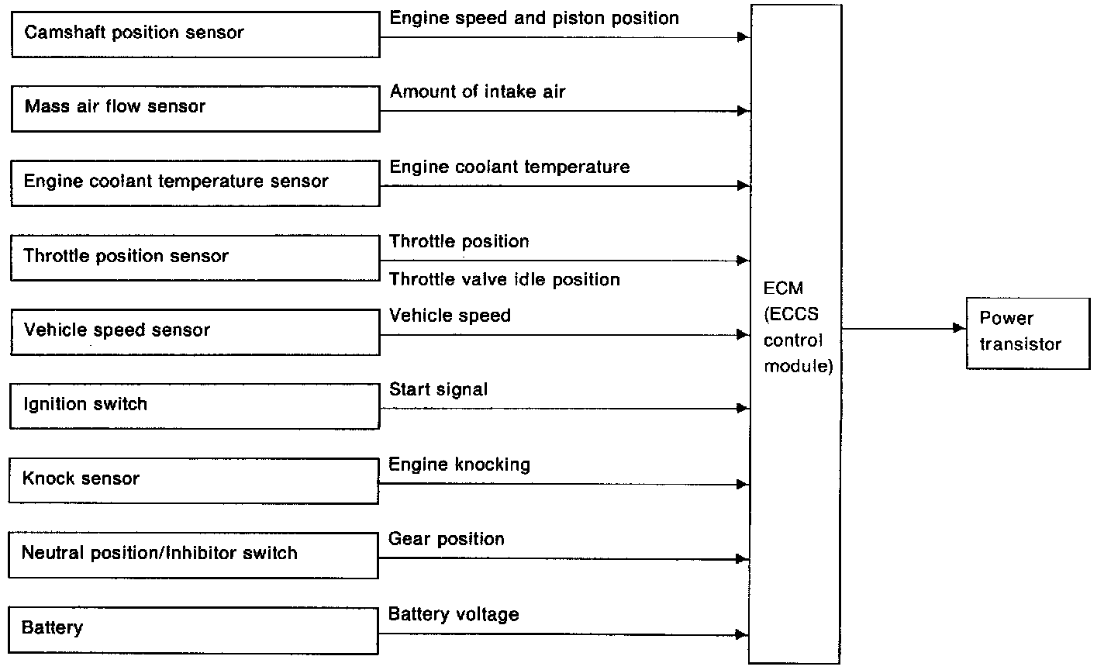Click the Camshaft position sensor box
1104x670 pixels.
click(x=195, y=33)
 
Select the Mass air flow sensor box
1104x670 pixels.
click(x=195, y=107)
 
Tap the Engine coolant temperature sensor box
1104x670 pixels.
click(x=195, y=182)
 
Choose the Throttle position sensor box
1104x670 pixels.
click(x=195, y=257)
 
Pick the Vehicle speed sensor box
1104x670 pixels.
click(x=195, y=331)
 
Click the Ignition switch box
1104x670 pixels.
click(x=195, y=405)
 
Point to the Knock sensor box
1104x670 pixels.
click(x=194, y=479)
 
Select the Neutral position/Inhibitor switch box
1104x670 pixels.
click(x=194, y=554)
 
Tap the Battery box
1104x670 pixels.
click(x=194, y=628)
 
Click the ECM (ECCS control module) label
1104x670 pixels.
click(x=798, y=327)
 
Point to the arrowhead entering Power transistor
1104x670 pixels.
click(x=960, y=329)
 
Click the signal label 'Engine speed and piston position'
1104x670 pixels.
click(x=534, y=18)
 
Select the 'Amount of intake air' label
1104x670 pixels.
click(x=478, y=92)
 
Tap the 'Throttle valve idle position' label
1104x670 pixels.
click(x=505, y=279)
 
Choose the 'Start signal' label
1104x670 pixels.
click(x=439, y=389)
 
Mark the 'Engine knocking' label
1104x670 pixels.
click(x=460, y=465)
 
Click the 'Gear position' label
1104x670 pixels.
click(x=447, y=539)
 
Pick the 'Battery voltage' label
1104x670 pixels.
click(x=454, y=615)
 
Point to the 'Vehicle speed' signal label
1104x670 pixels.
click(x=450, y=316)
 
